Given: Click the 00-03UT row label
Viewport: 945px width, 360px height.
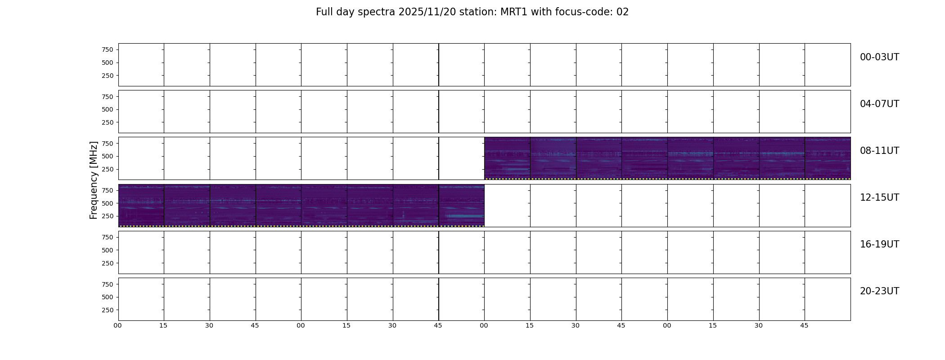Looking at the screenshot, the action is (x=879, y=57).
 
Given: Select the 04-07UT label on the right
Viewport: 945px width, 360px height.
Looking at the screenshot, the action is (x=879, y=104).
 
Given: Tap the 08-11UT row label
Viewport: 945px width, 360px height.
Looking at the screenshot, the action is (x=879, y=151).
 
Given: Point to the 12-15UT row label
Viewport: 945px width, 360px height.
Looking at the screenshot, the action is (x=879, y=198).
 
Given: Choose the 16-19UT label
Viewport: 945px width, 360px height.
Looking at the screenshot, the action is (x=879, y=244).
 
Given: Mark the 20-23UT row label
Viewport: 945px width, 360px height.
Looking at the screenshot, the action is (x=879, y=291).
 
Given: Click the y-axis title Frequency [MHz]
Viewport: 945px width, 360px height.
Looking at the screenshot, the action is (x=94, y=180).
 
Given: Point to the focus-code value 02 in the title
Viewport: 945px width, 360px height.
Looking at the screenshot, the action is (x=622, y=12).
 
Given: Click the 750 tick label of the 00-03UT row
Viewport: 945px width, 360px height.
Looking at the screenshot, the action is (x=108, y=49).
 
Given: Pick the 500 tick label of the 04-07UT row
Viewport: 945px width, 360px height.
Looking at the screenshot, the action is (x=108, y=109).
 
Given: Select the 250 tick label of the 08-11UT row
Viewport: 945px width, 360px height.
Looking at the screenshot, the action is (x=108, y=169).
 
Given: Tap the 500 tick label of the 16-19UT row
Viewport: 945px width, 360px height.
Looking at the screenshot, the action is (x=108, y=250).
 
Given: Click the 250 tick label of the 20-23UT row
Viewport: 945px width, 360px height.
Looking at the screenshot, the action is (x=108, y=310).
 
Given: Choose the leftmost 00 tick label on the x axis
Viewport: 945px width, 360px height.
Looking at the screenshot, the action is (x=118, y=325).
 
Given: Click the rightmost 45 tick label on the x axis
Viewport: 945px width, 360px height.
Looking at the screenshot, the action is (x=804, y=325).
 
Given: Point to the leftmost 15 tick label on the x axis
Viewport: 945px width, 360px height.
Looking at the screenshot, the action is (x=163, y=325).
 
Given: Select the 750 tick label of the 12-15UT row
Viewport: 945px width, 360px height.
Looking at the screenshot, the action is (x=108, y=190).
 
